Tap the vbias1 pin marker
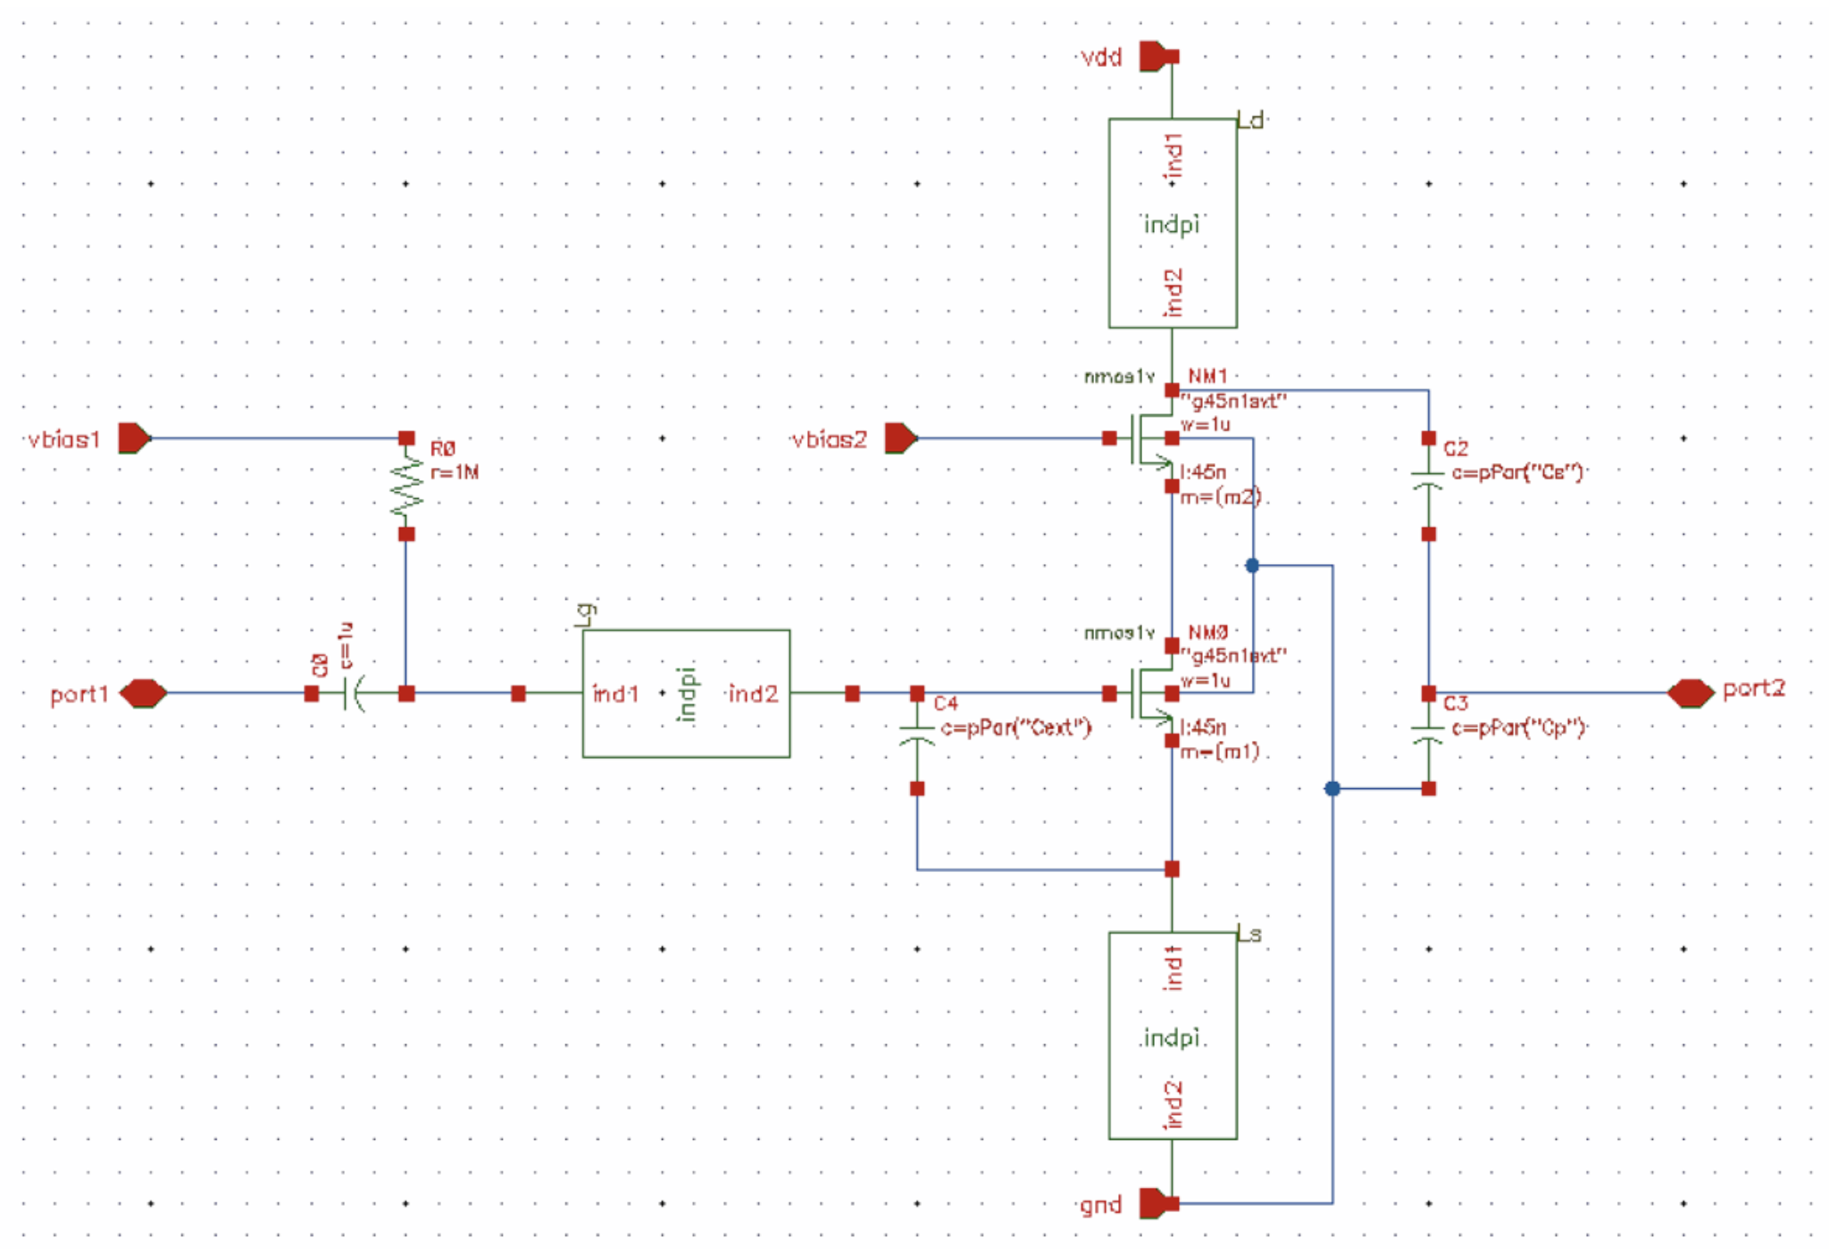point(134,438)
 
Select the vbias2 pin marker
point(900,438)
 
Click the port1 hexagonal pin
point(143,693)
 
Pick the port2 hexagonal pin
point(1690,693)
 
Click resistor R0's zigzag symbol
point(406,486)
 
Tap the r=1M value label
point(454,472)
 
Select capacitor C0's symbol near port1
point(355,693)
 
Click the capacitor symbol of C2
point(1428,480)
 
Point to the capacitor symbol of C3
point(1428,735)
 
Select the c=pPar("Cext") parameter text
point(1015,727)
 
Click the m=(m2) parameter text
point(1220,497)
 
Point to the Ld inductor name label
point(1250,121)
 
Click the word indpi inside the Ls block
point(1172,1038)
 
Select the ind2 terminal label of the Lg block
point(753,694)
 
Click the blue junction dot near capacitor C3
point(1332,788)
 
